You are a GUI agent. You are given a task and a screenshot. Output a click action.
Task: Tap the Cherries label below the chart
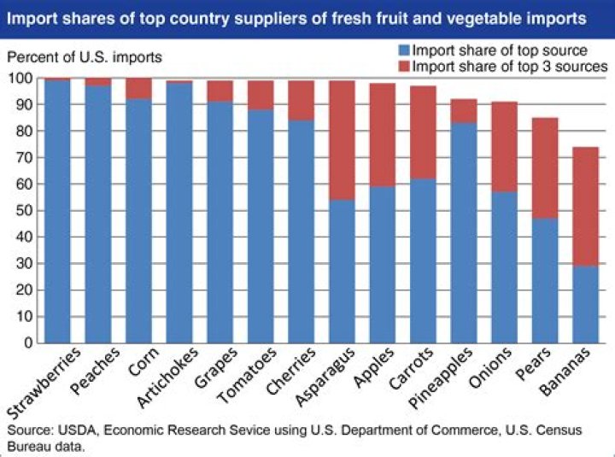click(x=293, y=372)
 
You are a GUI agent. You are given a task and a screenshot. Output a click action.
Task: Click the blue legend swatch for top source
click(x=404, y=51)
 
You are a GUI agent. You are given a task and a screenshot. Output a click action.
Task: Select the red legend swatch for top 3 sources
click(x=404, y=66)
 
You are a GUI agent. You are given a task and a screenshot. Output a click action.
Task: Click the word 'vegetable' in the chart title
click(x=498, y=16)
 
